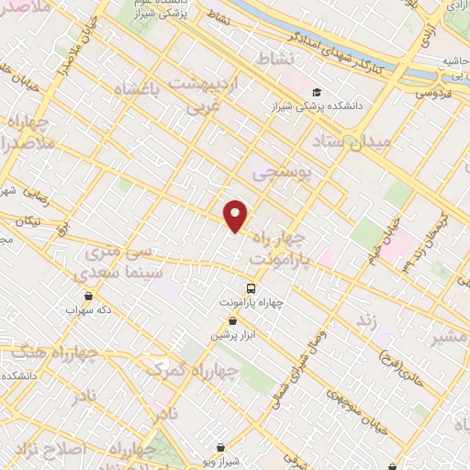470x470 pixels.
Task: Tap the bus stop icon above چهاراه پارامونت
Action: coord(252,287)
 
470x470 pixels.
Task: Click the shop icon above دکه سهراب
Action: coord(88,296)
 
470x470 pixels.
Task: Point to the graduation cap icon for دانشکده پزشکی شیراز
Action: coord(317,92)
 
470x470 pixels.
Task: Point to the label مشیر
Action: coord(447,337)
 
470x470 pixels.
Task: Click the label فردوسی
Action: coord(436,93)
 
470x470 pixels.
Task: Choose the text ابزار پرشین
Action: coord(231,336)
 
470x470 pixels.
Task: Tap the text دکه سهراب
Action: coord(88,309)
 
